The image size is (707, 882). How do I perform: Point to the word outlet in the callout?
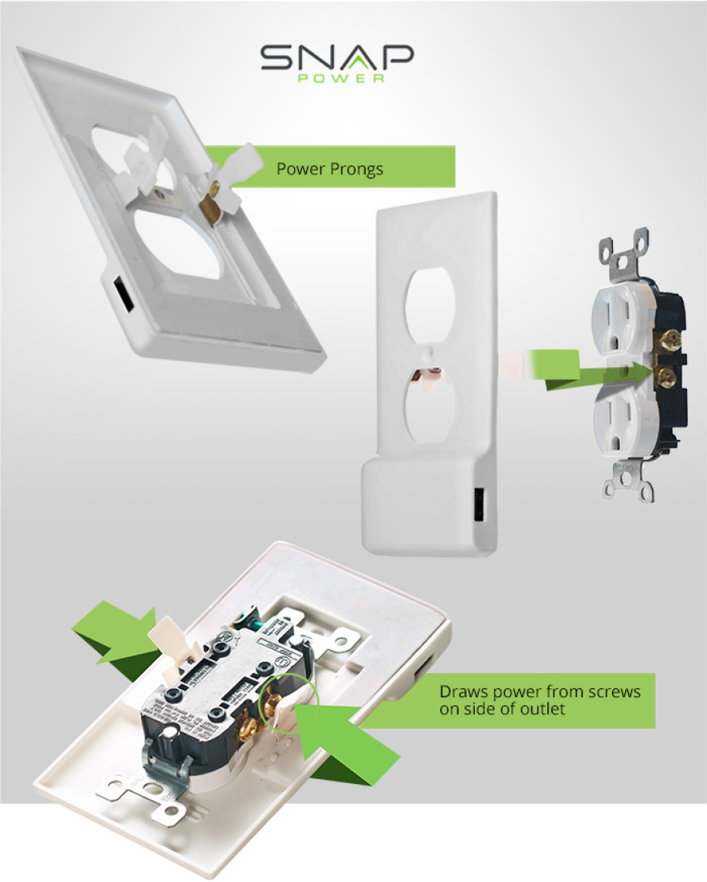[x=546, y=709]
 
